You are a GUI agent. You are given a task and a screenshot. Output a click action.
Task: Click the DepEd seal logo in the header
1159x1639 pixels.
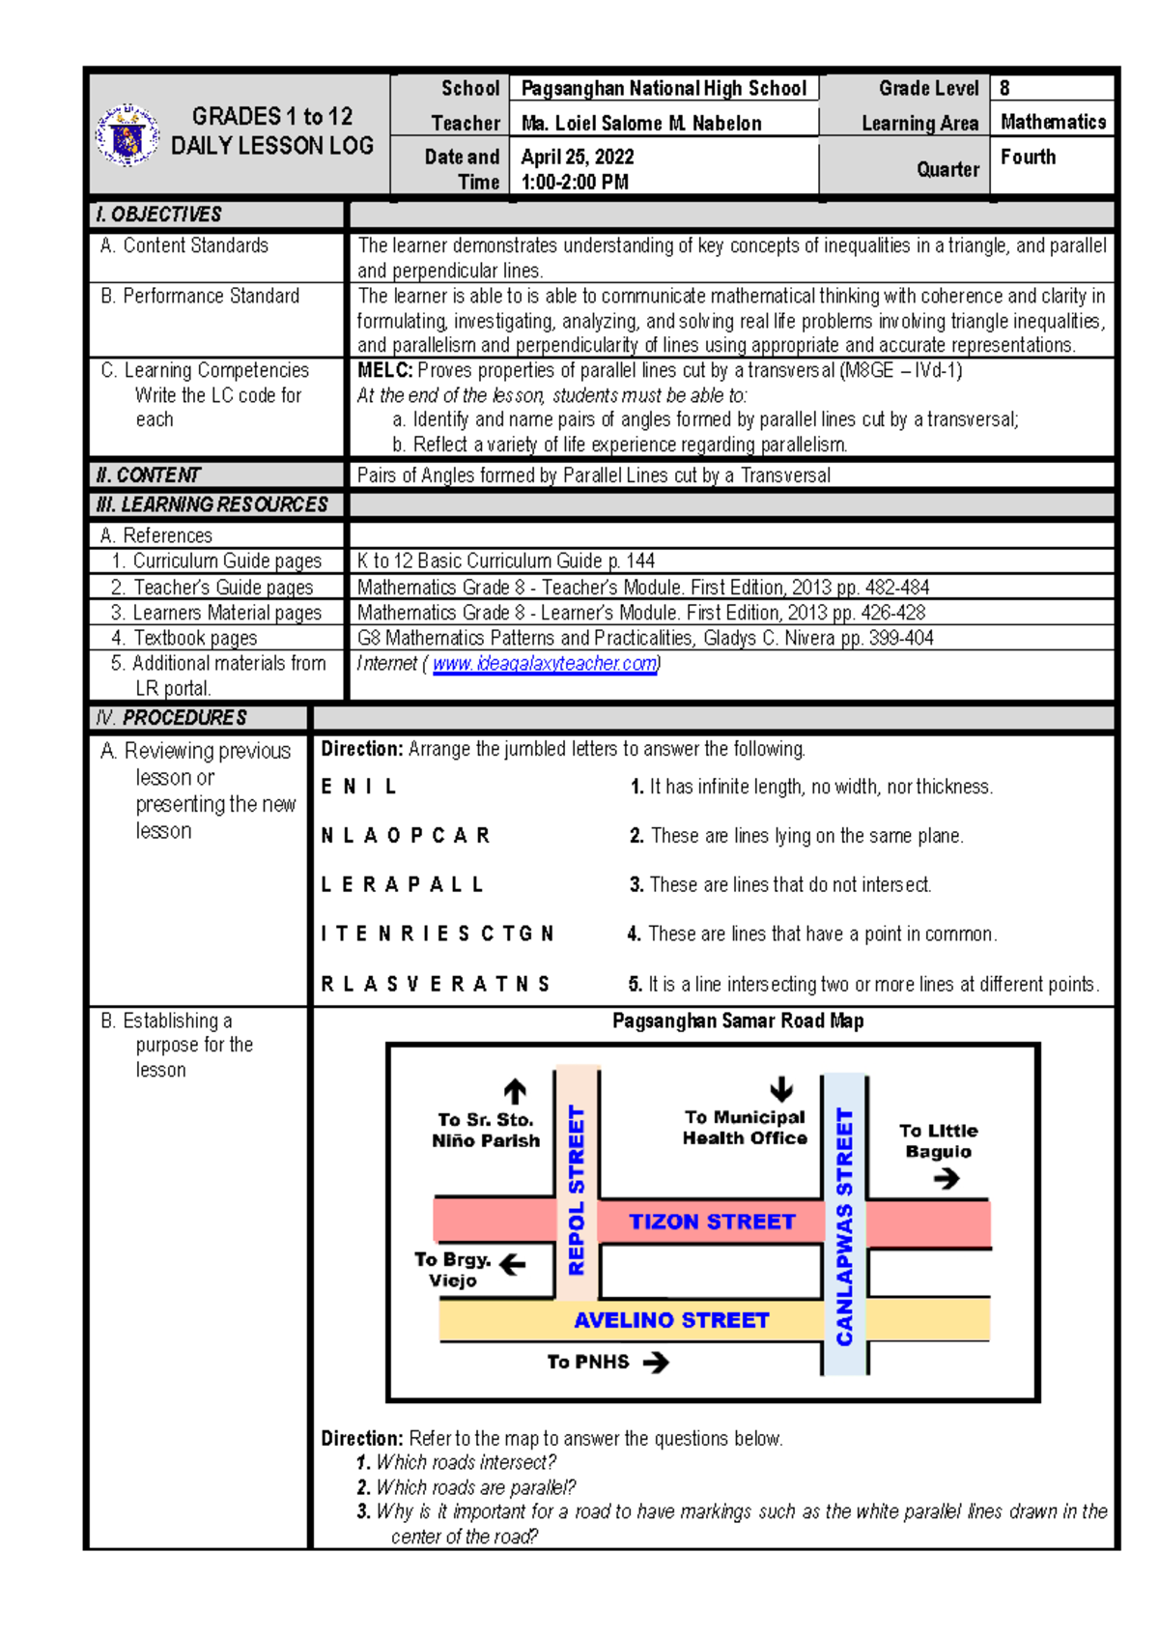pyautogui.click(x=127, y=135)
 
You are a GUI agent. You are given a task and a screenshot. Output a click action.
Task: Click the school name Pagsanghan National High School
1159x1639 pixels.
pyautogui.click(x=664, y=89)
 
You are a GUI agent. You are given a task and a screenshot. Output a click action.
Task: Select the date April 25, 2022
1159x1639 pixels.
pyautogui.click(x=578, y=157)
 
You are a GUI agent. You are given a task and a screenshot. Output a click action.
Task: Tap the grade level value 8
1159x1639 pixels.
pyautogui.click(x=1005, y=88)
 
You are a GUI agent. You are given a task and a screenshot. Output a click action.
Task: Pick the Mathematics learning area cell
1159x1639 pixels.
pyautogui.click(x=1053, y=122)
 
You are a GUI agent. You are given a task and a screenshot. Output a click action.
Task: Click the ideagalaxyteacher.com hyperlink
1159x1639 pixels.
pyautogui.click(x=546, y=664)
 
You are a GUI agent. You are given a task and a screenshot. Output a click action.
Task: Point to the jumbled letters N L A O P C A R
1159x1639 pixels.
pyautogui.click(x=406, y=836)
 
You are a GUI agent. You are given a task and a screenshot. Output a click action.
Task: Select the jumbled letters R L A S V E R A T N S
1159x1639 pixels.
pyautogui.click(x=436, y=984)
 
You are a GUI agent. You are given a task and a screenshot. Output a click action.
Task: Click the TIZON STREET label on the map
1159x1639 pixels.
pyautogui.click(x=712, y=1222)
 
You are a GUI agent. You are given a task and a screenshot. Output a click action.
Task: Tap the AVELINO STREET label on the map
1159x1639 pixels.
pyautogui.click(x=671, y=1320)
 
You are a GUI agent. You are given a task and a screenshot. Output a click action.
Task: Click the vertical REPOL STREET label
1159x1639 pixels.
pyautogui.click(x=577, y=1191)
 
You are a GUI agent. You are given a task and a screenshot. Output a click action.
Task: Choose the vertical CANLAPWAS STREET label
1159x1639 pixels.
pyautogui.click(x=844, y=1226)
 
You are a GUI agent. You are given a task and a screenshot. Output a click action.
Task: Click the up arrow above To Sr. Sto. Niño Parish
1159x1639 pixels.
pyautogui.click(x=515, y=1091)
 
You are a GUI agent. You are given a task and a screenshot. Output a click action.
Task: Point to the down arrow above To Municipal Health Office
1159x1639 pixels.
pyautogui.click(x=781, y=1089)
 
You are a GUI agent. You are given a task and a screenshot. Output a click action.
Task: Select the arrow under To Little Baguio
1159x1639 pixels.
pyautogui.click(x=947, y=1178)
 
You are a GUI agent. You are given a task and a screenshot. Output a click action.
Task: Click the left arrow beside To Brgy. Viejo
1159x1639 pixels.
pyautogui.click(x=513, y=1263)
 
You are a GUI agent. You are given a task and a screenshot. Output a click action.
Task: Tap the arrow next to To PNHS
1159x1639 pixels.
pyautogui.click(x=656, y=1363)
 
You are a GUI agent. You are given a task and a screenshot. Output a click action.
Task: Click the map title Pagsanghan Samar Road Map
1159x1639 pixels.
pyautogui.click(x=738, y=1021)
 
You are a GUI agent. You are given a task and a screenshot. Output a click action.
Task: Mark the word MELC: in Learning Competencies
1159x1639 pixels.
pyautogui.click(x=385, y=370)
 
